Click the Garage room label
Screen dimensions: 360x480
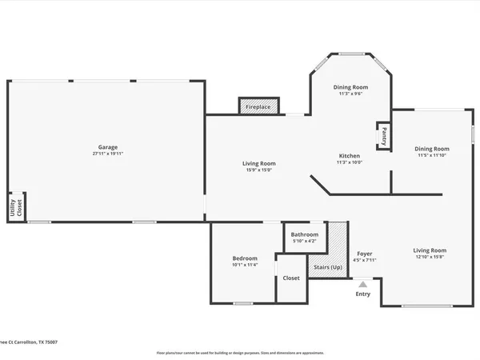point(108,147)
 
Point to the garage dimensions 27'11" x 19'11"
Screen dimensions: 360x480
point(108,154)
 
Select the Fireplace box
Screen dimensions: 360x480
point(258,106)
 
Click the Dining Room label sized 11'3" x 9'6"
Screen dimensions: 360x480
point(350,87)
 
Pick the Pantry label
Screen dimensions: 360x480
point(384,134)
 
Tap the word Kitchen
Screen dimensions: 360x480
point(349,156)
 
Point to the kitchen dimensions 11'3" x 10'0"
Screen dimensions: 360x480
point(349,162)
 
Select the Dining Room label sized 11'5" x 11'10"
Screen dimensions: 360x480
point(431,149)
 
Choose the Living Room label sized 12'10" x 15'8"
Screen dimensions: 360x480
point(430,250)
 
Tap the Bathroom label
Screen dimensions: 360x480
point(304,235)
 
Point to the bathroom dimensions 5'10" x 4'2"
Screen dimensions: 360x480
point(304,242)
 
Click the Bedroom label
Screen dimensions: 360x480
point(245,258)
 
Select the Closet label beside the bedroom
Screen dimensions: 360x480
point(291,278)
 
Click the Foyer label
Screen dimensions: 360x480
point(365,254)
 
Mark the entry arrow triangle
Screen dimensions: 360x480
point(362,283)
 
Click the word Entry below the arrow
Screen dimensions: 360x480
point(362,294)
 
